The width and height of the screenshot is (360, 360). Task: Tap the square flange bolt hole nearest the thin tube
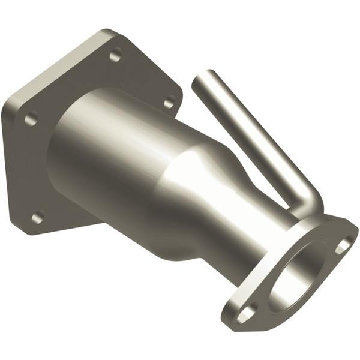[169, 101]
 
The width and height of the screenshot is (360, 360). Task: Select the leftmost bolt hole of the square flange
[29, 118]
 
